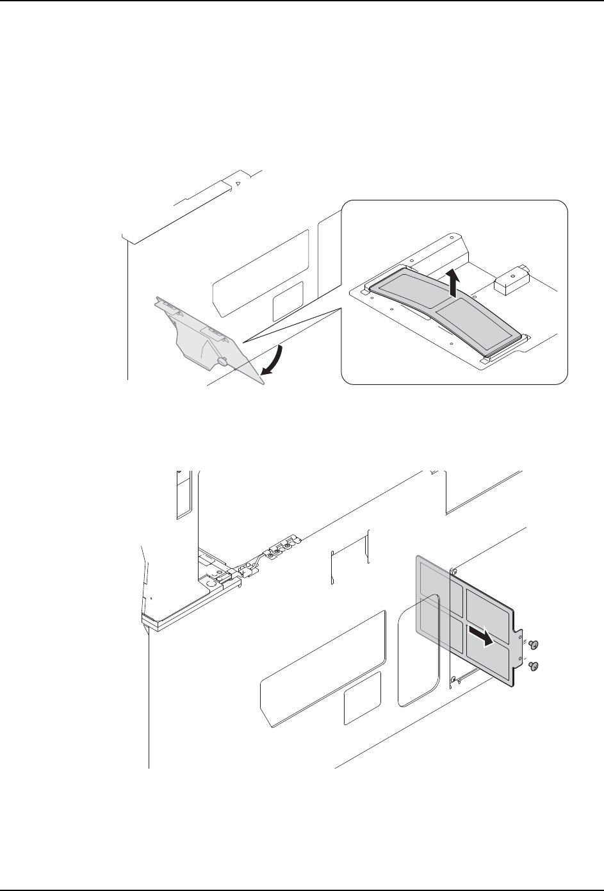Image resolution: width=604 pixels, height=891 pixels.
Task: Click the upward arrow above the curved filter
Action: (454, 282)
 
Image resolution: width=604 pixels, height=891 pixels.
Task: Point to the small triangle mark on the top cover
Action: (238, 183)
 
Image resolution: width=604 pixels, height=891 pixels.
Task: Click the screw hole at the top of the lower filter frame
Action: (453, 571)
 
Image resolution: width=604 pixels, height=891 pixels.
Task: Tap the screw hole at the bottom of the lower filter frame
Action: (453, 679)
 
